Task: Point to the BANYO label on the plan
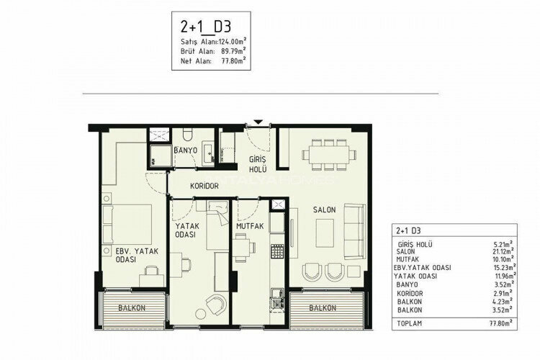(186, 150)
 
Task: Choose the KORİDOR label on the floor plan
(204, 186)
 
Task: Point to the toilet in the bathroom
(186, 135)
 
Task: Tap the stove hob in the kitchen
(276, 252)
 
